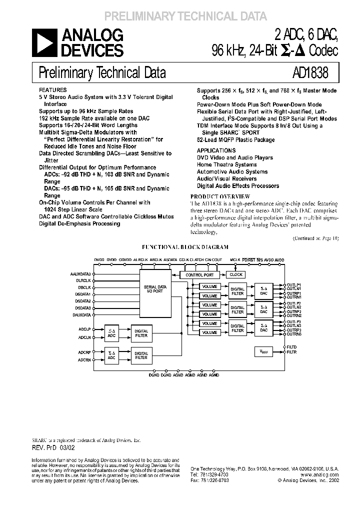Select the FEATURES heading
point(52,84)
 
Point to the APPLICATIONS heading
point(216,150)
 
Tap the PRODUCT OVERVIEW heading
point(220,197)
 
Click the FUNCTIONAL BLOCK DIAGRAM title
point(185,247)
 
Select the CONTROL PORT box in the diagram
point(199,275)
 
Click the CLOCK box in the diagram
point(236,275)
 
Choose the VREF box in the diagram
point(264,352)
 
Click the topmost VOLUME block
point(210,286)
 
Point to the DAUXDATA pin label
point(82,315)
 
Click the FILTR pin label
point(292,352)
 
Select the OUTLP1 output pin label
point(294,284)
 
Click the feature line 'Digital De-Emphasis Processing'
point(79,223)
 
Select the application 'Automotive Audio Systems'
point(232,171)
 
